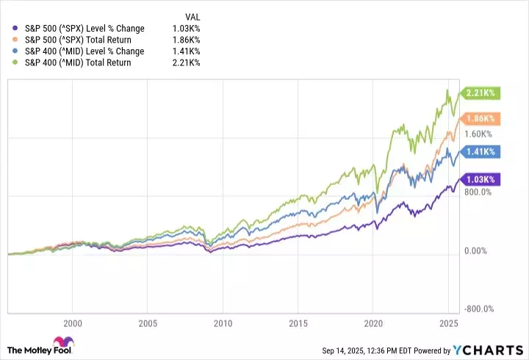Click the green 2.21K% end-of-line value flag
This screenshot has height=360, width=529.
point(480,93)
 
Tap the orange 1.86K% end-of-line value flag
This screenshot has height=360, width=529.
point(480,118)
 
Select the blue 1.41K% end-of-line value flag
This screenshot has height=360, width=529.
point(480,152)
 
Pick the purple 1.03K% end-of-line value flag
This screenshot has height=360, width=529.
point(480,179)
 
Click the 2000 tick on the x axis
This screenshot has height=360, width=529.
point(72,323)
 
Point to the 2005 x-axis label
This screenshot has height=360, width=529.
point(148,323)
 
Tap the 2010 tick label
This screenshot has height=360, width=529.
point(223,323)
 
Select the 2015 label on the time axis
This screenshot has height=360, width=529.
point(298,323)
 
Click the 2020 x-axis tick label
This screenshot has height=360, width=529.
point(374,323)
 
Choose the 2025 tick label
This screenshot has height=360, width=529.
point(449,323)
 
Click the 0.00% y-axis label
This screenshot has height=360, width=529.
point(477,251)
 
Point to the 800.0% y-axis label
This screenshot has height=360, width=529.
point(478,192)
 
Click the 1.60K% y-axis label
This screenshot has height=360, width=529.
point(478,134)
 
